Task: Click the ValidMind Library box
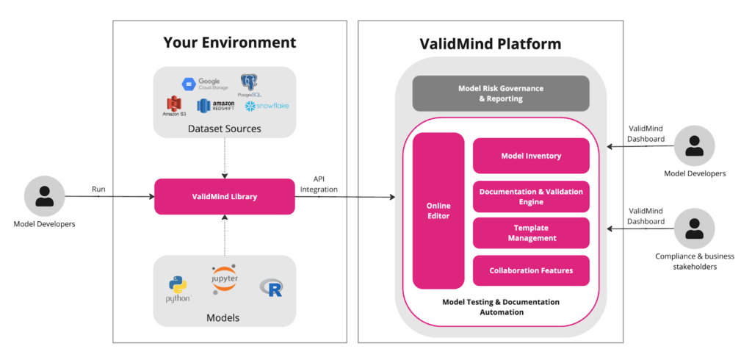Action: click(x=224, y=196)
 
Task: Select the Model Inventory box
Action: click(x=531, y=156)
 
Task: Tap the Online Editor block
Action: click(x=438, y=211)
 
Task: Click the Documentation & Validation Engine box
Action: click(x=531, y=196)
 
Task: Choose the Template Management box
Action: click(x=531, y=233)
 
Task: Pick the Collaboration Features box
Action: click(x=531, y=270)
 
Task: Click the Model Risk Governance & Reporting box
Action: click(x=500, y=93)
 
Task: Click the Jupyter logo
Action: click(x=224, y=280)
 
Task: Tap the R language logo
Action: click(x=272, y=288)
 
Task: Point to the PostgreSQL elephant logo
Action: click(x=249, y=82)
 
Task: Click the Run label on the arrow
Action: click(x=98, y=189)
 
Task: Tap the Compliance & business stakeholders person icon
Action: click(x=694, y=227)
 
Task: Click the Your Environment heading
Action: click(x=229, y=43)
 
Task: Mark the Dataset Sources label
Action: click(x=224, y=129)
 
